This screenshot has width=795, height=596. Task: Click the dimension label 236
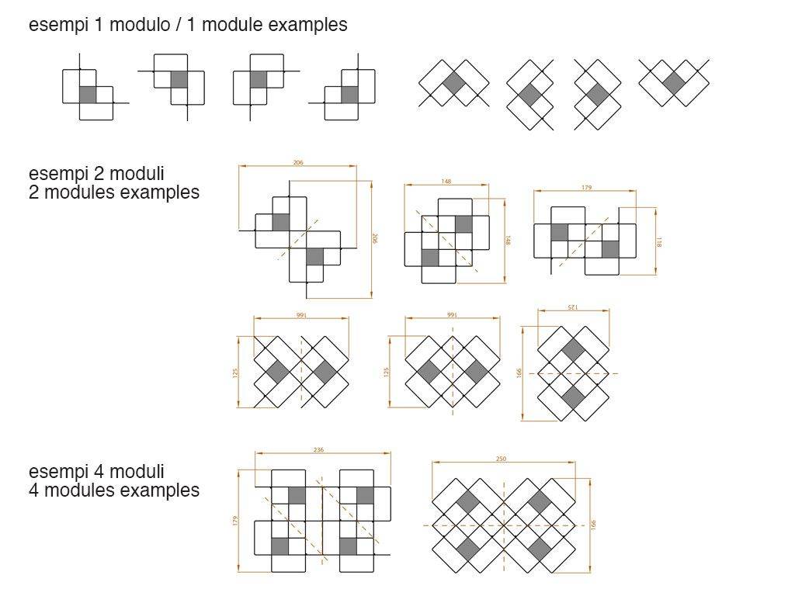click(x=318, y=449)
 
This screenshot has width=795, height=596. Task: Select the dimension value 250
click(x=501, y=459)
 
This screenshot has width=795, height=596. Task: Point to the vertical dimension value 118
click(x=659, y=241)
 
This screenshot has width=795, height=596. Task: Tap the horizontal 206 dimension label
click(x=297, y=163)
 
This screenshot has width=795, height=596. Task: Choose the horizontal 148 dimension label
click(x=446, y=182)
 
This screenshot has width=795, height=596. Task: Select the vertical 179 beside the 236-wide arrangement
click(x=234, y=521)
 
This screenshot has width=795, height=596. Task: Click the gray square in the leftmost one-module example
click(x=88, y=95)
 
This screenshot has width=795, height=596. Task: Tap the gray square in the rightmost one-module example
click(x=674, y=83)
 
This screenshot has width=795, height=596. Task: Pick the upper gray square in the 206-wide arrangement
click(x=280, y=222)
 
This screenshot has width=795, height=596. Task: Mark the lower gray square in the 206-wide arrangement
click(x=314, y=256)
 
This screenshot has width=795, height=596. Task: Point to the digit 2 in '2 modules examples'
click(x=33, y=192)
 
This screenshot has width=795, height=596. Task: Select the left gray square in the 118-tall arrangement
click(x=559, y=232)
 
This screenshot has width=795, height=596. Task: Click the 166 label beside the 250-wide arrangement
click(x=594, y=525)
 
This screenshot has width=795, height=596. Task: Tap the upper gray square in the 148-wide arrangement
click(x=463, y=224)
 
